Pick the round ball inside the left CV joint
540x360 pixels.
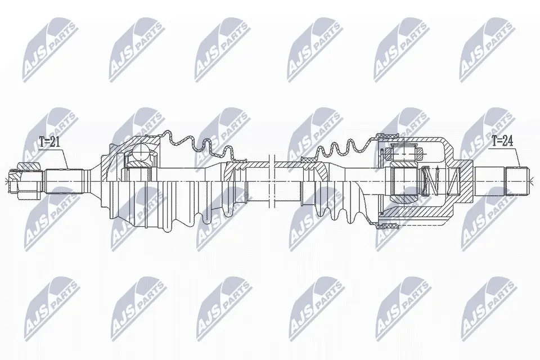coord(142,151)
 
